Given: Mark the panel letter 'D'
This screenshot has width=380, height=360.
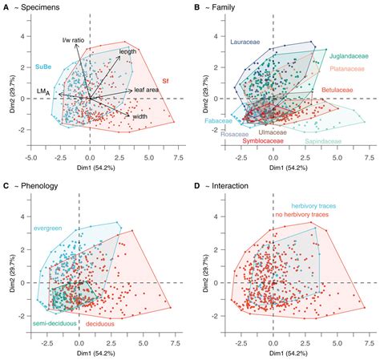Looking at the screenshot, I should point(197,186).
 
